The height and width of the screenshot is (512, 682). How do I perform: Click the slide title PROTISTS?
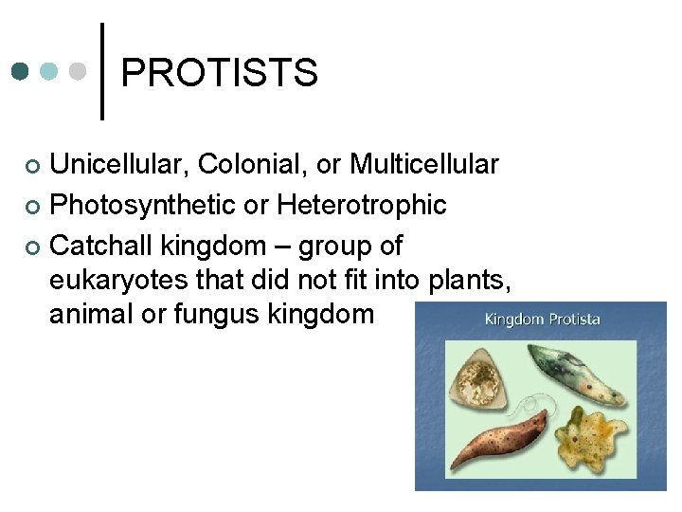(x=219, y=73)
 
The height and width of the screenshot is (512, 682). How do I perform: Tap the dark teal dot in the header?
(x=21, y=71)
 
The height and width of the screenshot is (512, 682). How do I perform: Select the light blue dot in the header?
(x=50, y=71)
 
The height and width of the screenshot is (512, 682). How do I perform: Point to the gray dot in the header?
(x=80, y=71)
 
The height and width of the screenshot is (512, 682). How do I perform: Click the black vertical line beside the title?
(x=102, y=71)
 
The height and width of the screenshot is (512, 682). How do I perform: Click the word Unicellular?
(x=120, y=165)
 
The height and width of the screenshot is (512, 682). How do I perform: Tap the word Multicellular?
(x=423, y=165)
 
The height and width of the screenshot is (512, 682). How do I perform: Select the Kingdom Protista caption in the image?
(x=542, y=320)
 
